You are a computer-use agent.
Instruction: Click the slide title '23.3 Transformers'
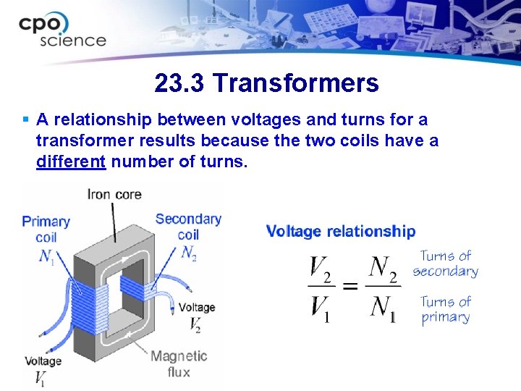(x=266, y=83)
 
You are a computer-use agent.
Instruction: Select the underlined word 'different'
(x=71, y=161)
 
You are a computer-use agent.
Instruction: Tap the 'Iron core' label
(x=114, y=194)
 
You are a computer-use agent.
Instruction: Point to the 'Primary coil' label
(x=46, y=228)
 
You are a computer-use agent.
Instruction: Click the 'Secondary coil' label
(x=188, y=226)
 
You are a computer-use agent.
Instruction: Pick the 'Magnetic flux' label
(x=179, y=363)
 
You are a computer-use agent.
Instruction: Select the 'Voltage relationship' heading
(x=341, y=231)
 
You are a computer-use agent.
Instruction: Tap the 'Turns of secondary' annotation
(x=446, y=264)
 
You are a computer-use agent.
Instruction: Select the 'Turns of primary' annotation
(x=446, y=309)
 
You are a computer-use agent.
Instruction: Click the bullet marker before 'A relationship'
(x=26, y=119)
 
